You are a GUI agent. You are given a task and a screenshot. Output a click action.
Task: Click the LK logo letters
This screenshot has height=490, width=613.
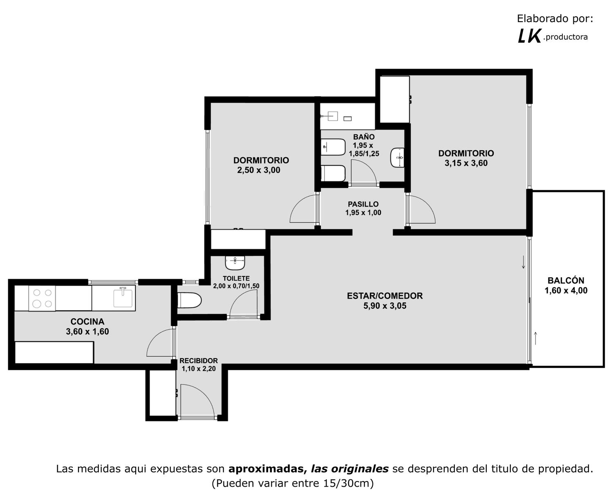(x=529, y=37)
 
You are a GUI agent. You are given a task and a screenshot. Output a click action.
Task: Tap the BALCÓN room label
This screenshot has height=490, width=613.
(x=566, y=281)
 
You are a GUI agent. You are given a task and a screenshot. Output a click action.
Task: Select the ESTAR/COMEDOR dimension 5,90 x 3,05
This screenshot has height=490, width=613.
(x=385, y=306)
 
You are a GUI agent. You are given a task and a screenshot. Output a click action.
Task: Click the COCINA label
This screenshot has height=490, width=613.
(x=87, y=322)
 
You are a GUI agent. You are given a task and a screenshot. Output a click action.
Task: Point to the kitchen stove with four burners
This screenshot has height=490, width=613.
(x=42, y=298)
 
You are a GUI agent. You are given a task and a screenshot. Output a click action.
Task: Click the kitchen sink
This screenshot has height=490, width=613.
(x=123, y=298)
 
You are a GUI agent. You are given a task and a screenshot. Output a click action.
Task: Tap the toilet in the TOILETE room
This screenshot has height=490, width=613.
(x=189, y=301)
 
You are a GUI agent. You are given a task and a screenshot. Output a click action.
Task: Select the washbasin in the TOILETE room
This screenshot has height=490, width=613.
(x=235, y=263)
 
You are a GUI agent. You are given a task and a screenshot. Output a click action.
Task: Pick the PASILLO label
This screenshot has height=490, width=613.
(x=363, y=204)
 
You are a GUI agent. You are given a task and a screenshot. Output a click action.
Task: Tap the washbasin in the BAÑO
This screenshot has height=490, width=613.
(x=398, y=158)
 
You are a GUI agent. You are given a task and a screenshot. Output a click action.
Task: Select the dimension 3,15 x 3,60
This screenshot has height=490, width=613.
(x=466, y=163)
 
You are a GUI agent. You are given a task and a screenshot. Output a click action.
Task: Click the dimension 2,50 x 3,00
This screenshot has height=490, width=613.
(x=259, y=170)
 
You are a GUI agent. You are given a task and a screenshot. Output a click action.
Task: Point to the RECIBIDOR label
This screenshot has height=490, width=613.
(x=199, y=361)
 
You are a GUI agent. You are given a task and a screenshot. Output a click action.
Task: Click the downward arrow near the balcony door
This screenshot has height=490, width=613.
(x=523, y=262)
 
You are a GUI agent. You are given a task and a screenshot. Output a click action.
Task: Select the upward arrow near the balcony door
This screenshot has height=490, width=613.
(x=535, y=338)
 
